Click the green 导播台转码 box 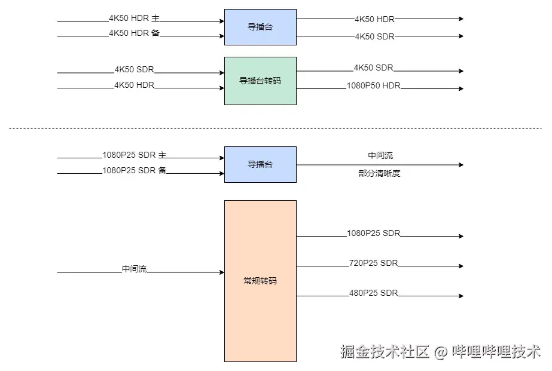tap(260, 81)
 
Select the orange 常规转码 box tap(260, 281)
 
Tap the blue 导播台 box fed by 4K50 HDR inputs tap(260, 27)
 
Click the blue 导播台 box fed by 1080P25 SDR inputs tap(260, 164)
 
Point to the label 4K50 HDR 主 tap(134, 19)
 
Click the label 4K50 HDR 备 tap(134, 33)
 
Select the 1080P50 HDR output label tap(373, 86)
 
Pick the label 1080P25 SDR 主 tap(134, 155)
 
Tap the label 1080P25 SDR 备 tap(134, 171)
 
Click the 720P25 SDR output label tap(373, 263)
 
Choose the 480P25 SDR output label tap(373, 293)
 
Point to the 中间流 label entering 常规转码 tap(134, 269)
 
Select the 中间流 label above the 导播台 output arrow tap(380, 156)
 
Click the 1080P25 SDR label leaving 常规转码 tap(373, 234)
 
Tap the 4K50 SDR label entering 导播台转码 tap(134, 70)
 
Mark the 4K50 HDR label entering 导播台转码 tap(134, 85)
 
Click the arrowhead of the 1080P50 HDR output tap(460, 88)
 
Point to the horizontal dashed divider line tap(275, 128)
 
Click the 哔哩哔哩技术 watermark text tap(496, 351)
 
